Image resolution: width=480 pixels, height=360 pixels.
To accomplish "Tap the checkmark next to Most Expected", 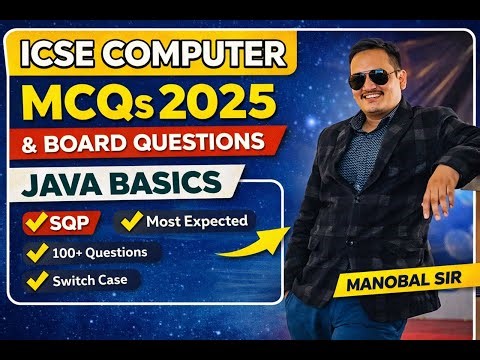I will click(130, 219).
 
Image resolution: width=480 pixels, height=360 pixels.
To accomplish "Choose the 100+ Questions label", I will click(99, 252).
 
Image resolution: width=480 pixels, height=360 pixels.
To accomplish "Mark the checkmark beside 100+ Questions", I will click(38, 252).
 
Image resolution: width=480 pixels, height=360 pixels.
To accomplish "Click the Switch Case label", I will click(91, 281).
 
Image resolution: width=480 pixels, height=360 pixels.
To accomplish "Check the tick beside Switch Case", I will click(38, 281).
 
